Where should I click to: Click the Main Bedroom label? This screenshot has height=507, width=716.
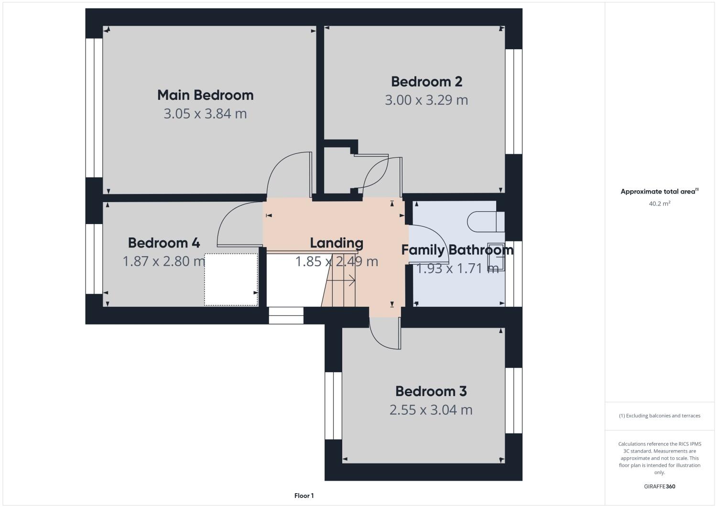[205, 95]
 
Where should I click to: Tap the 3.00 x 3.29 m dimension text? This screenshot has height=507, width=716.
[426, 100]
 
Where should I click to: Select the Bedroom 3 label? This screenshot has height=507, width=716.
[431, 391]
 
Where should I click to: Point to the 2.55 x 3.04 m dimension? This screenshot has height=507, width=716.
[431, 410]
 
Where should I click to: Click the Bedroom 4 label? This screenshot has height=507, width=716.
[163, 243]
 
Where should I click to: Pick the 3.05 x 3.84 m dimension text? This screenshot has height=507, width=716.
[205, 114]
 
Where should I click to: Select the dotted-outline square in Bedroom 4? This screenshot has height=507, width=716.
[231, 280]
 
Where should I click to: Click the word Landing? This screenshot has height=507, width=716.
[336, 243]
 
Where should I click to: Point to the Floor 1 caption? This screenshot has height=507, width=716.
[304, 496]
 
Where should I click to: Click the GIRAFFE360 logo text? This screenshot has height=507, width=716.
[659, 486]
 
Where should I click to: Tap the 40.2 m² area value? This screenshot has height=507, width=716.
[659, 204]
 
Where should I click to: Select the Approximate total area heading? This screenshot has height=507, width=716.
[659, 192]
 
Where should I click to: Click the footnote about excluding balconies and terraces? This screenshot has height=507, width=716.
[659, 416]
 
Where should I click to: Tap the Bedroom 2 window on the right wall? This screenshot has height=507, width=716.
[514, 101]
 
